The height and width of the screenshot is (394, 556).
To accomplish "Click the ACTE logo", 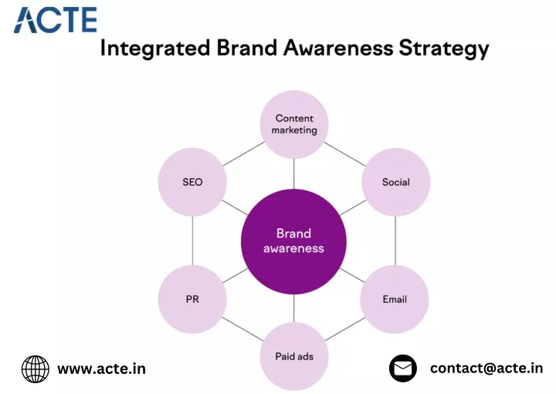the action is (x=56, y=20).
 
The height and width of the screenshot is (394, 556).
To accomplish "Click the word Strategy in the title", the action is (x=443, y=49).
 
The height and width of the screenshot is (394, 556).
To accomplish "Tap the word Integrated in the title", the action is (x=155, y=48).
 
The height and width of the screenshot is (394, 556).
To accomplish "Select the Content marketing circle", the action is (x=294, y=124).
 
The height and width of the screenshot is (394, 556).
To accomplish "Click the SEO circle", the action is (x=192, y=182).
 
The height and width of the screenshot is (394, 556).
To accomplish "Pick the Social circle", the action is (x=395, y=182).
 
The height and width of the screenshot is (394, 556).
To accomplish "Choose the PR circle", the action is (x=192, y=299).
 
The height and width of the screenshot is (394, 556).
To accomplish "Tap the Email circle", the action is (x=395, y=299).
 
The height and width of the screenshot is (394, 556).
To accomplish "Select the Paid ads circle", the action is (x=294, y=356).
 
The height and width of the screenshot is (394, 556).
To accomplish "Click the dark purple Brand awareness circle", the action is (x=293, y=241).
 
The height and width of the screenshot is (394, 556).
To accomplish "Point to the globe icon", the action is (x=36, y=369).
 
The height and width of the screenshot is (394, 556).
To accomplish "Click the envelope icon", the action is (x=403, y=368).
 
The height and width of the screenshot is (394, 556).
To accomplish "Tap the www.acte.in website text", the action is (x=101, y=369).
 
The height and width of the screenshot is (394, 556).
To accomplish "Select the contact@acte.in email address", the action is (x=486, y=368).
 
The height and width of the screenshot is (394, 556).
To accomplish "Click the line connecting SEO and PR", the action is (x=192, y=241).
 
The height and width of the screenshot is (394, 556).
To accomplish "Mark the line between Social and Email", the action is (x=395, y=241).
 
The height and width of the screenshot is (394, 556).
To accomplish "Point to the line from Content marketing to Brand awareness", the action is (x=294, y=173).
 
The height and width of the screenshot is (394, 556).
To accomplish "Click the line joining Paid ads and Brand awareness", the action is (x=294, y=308).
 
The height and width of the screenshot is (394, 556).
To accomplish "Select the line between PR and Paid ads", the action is (x=243, y=328).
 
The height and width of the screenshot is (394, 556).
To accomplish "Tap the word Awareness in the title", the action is (x=338, y=48).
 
